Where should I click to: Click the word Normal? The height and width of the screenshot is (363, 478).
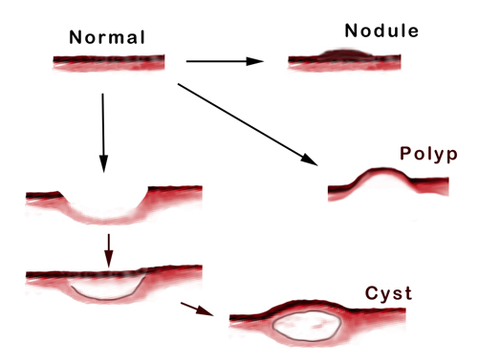(107, 39)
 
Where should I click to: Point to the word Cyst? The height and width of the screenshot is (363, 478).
(388, 293)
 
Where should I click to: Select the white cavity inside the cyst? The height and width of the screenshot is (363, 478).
(307, 328)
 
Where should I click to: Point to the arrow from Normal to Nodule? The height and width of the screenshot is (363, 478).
(224, 61)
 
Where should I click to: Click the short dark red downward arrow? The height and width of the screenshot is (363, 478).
(108, 248)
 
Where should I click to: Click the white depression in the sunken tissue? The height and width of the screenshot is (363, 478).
(105, 207)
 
